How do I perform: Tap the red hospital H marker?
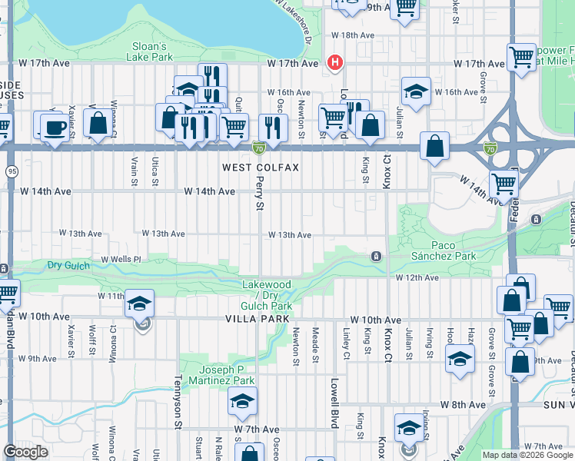coord(334,63)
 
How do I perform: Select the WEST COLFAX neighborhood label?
coord(260,167)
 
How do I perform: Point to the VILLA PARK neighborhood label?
coord(258,318)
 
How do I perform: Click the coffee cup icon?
coord(53,128)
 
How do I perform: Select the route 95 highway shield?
coord(11,171)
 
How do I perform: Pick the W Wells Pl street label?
coord(121,260)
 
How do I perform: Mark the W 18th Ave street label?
coord(352,35)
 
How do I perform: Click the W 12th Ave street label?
coord(417,277)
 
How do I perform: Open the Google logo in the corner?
coord(25,452)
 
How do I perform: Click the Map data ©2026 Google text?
coord(527,455)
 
